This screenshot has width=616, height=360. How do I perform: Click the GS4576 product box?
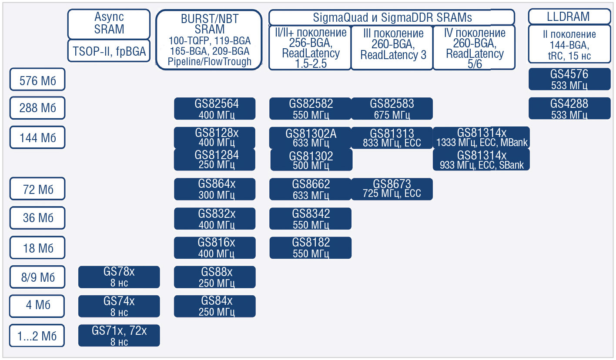click(x=569, y=79)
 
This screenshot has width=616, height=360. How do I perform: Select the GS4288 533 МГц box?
click(x=569, y=108)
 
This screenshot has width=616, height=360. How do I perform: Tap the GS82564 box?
click(x=214, y=109)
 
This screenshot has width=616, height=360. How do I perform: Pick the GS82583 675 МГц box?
click(x=392, y=109)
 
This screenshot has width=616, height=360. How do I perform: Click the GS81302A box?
click(x=310, y=138)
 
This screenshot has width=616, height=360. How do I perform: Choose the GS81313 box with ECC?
click(x=392, y=138)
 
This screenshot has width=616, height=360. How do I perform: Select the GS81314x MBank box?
click(x=481, y=137)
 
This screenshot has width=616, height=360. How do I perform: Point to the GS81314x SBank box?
click(x=481, y=160)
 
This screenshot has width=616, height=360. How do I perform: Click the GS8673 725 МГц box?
click(x=392, y=189)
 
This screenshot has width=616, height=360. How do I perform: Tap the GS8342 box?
click(x=310, y=218)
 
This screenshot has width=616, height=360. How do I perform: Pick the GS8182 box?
click(x=310, y=247)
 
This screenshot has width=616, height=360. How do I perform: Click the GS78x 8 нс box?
click(x=119, y=277)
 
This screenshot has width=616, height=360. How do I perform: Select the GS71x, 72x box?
click(x=119, y=336)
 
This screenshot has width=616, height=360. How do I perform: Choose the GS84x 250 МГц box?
click(x=214, y=306)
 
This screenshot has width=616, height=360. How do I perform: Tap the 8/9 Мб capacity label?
click(x=37, y=277)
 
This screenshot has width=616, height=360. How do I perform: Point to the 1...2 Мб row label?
click(x=37, y=336)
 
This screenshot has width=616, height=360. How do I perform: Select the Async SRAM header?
click(x=109, y=23)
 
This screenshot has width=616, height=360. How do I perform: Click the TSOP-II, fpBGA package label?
click(x=109, y=52)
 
